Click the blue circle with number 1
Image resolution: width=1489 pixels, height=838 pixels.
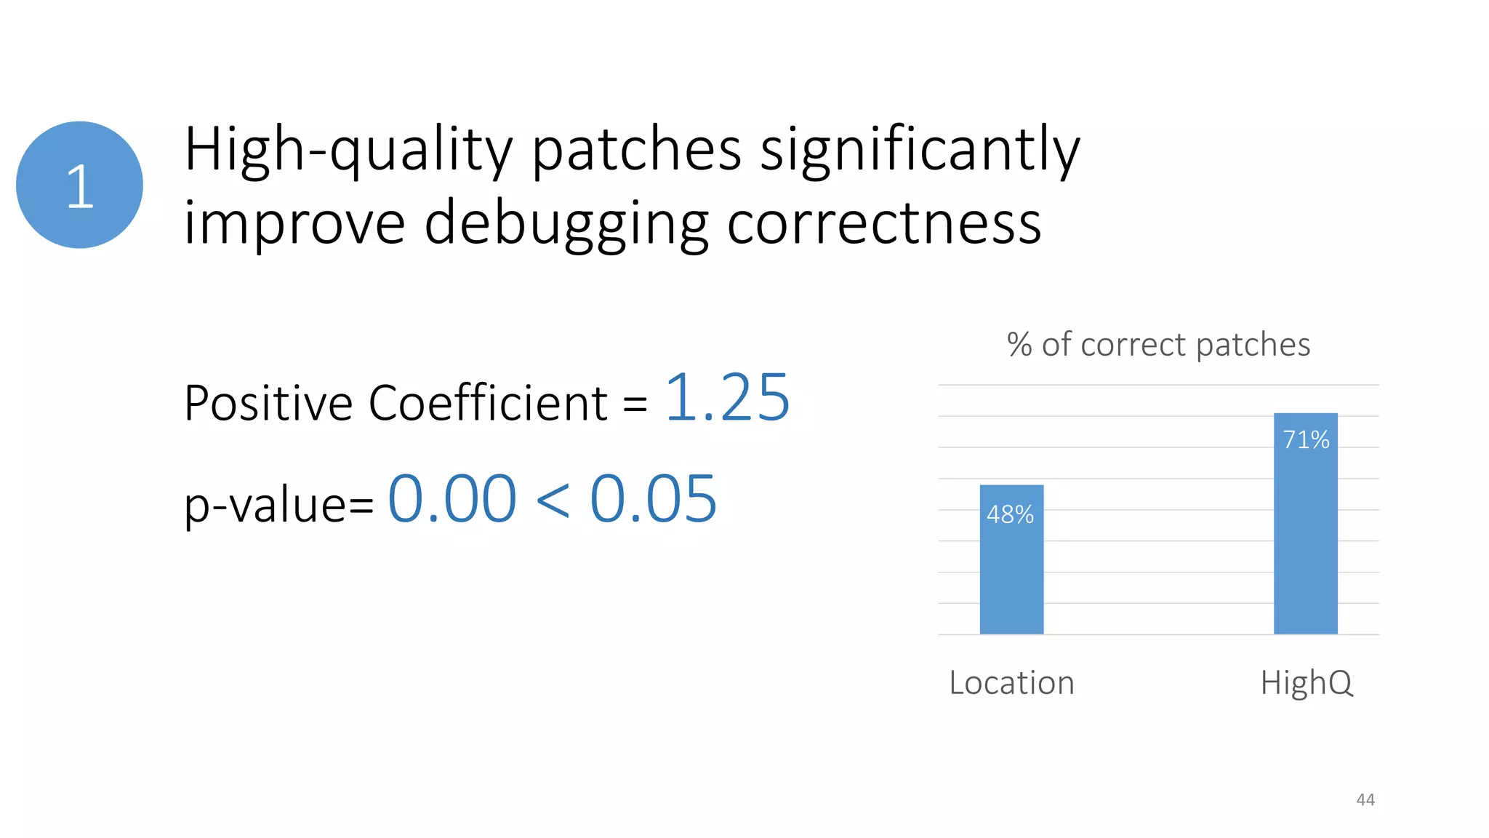pos(79,185)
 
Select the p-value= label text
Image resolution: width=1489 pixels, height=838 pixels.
pos(278,503)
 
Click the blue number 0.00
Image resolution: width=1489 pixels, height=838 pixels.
pos(452,499)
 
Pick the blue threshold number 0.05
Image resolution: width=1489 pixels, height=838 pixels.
pos(653,499)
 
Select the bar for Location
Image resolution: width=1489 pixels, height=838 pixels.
pos(1011,575)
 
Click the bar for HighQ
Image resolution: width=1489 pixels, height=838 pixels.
pos(1305,538)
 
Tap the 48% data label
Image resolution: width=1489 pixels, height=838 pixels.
pos(1010,514)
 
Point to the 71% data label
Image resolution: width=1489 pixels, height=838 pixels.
pos(1306,439)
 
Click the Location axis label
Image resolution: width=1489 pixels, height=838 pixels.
pos(1011,683)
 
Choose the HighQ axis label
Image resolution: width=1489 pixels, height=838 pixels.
pos(1307,683)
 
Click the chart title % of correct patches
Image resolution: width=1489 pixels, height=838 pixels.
pos(1158,344)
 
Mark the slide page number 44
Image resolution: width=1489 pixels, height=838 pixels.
pos(1365,799)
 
